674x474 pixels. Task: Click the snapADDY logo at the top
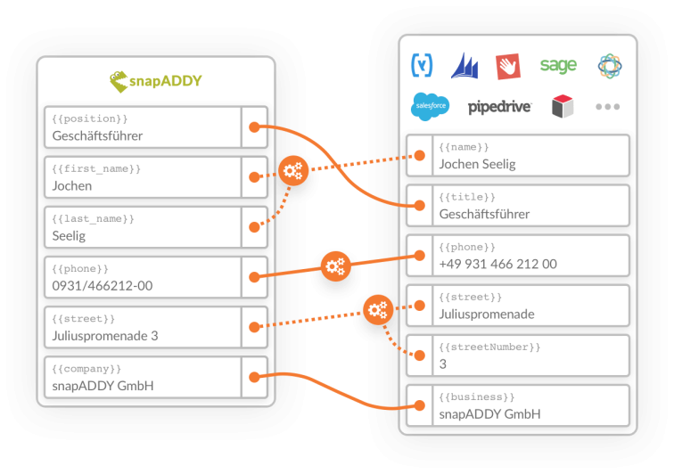(156, 81)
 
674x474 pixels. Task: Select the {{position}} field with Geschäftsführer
(143, 127)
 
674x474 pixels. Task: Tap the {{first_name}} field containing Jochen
(143, 177)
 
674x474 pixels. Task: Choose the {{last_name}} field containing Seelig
(143, 227)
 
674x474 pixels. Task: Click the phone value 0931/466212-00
(103, 286)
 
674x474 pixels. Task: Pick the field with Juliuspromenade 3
(143, 327)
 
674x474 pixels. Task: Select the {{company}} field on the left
(143, 377)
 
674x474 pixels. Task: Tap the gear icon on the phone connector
(335, 266)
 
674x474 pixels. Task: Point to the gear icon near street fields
(378, 310)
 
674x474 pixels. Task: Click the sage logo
(558, 65)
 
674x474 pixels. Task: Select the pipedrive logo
(499, 107)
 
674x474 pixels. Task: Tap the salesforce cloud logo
(430, 107)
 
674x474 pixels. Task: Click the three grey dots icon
(607, 107)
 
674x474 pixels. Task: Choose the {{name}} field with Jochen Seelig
(518, 155)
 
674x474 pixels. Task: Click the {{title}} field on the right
(518, 205)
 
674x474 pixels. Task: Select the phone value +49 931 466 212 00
(497, 264)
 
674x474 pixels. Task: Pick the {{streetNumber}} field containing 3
(518, 355)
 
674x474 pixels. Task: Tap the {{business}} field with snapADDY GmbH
(518, 405)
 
